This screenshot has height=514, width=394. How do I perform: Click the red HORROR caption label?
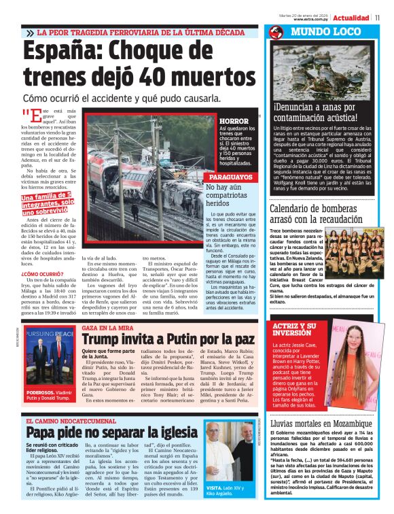(229, 121)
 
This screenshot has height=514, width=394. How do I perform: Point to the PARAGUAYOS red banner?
(231, 177)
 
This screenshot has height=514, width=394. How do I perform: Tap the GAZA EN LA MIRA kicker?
(108, 328)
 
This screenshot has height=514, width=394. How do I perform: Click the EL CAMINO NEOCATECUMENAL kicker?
(75, 422)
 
